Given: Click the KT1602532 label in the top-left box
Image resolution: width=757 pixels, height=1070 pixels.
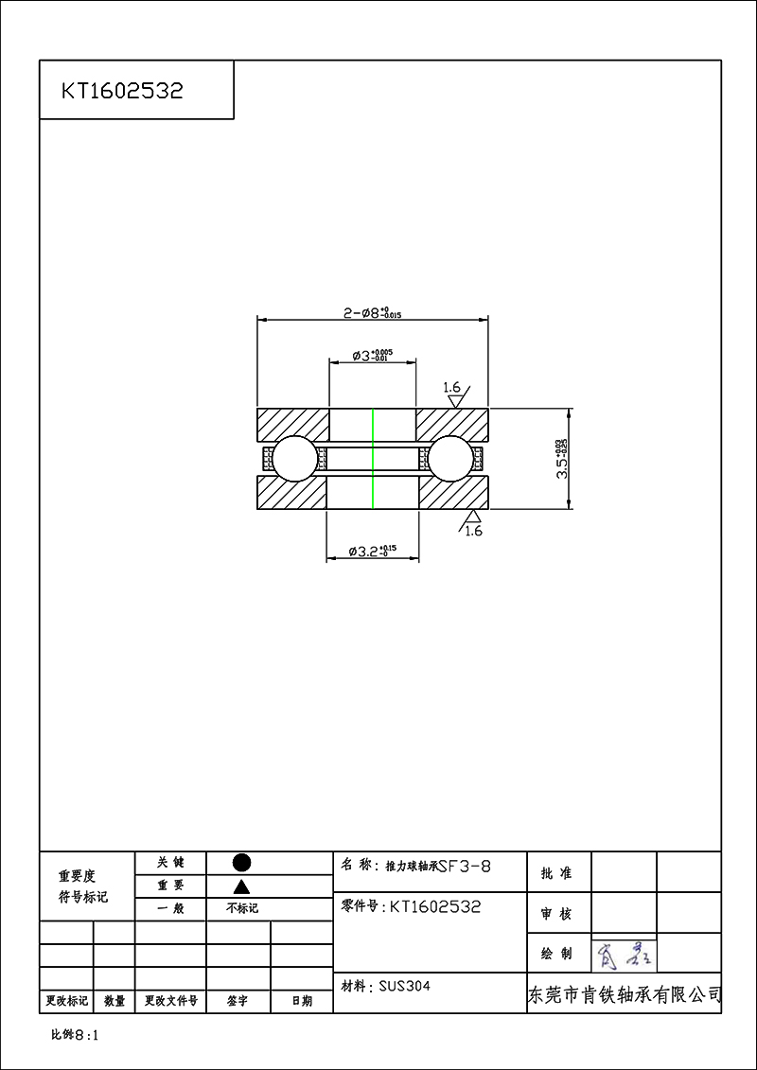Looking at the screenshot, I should click(x=122, y=91).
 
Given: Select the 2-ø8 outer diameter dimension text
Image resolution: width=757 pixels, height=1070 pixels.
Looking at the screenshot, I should click(x=372, y=312).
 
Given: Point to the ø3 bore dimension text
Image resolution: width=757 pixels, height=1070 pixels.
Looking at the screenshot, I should click(x=372, y=356).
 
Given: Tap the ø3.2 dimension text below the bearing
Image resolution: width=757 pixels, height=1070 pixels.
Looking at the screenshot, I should click(x=372, y=551).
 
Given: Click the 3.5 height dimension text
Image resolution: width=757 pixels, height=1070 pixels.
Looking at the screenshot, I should click(x=562, y=459).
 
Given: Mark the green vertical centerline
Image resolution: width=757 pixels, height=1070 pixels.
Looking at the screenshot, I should click(x=373, y=459).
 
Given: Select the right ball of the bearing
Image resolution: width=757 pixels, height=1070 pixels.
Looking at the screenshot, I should click(x=451, y=459).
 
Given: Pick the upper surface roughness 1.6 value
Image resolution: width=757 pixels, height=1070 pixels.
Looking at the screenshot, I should click(x=451, y=388).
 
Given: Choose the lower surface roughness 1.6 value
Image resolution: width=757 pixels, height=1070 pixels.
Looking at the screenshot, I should click(x=473, y=531).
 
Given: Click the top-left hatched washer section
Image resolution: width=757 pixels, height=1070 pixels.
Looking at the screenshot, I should click(x=292, y=423).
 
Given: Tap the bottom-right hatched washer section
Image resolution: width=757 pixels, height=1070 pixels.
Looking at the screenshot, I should click(x=452, y=494).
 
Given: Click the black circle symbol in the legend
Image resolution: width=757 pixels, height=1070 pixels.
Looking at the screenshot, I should click(x=241, y=862).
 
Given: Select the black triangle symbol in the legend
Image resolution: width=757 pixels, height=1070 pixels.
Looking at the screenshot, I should click(x=241, y=886).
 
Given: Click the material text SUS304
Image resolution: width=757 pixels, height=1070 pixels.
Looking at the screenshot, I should click(x=404, y=986).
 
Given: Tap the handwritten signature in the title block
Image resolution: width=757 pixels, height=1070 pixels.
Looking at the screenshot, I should click(x=623, y=955).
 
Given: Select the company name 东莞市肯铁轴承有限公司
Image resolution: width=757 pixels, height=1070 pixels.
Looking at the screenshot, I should click(x=624, y=995).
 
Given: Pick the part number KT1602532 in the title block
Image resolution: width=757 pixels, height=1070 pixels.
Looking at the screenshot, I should click(x=435, y=906).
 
